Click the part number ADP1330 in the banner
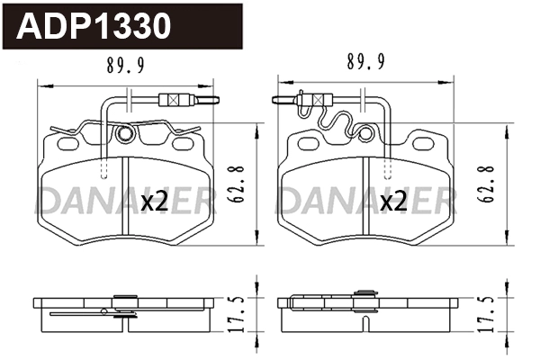(x=94, y=26)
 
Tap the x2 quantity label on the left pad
(x=155, y=202)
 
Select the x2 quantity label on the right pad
(x=392, y=202)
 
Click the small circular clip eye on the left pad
(x=126, y=136)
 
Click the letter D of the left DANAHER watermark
(x=49, y=202)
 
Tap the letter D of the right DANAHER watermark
(x=292, y=202)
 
